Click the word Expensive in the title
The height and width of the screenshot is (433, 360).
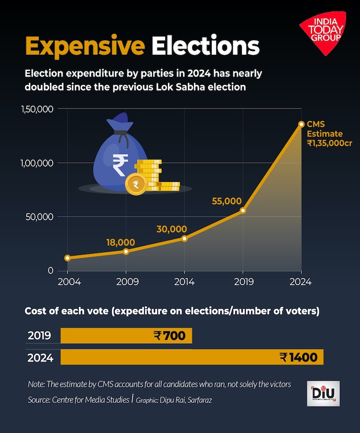tap(85, 47)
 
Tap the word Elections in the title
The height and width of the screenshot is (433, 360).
tap(205, 47)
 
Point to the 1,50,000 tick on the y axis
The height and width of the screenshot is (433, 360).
tap(37, 109)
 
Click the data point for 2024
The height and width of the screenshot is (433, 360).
tap(301, 124)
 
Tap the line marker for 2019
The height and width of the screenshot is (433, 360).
tap(243, 210)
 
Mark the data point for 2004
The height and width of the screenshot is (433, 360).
tap(67, 258)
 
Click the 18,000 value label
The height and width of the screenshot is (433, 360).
tap(120, 242)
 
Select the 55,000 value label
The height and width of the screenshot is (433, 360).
tap(227, 202)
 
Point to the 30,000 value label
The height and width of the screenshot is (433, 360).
tap(171, 229)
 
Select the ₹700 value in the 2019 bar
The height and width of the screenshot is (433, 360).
tap(170, 336)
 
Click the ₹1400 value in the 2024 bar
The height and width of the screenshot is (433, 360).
tap(299, 358)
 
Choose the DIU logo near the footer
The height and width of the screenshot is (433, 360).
tap(323, 394)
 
